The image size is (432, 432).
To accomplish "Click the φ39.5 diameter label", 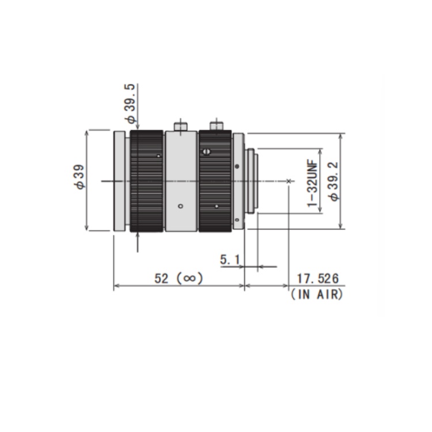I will point(131,103).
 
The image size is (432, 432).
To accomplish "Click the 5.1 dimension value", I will point(229,260).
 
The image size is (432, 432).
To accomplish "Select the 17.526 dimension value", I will point(317,279).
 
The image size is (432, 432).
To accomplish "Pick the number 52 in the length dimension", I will point(163,279).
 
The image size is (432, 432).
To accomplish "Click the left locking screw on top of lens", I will point(181,124).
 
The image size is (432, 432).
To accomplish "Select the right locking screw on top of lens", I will point(217,124).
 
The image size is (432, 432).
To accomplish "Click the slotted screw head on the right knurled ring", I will point(207,151).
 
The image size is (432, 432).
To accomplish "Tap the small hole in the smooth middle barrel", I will point(180,206).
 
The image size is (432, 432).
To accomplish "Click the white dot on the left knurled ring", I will point(158,156).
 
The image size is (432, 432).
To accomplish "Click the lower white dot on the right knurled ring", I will point(217,206).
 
